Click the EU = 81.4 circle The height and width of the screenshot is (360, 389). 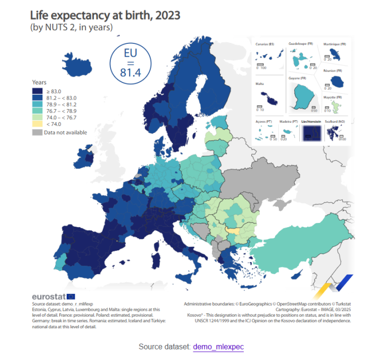pyautogui.click(x=130, y=63)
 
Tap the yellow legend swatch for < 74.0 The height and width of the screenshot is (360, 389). pyautogui.click(x=37, y=124)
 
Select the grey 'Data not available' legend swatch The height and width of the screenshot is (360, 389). pyautogui.click(x=37, y=132)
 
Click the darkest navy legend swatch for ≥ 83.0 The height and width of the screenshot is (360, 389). pyautogui.click(x=37, y=91)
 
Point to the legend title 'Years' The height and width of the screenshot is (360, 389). pyautogui.click(x=39, y=83)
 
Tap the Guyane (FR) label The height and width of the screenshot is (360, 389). pyautogui.click(x=296, y=78)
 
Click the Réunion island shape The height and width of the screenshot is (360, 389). pyautogui.click(x=335, y=81)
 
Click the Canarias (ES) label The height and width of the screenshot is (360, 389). pyautogui.click(x=264, y=44)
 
